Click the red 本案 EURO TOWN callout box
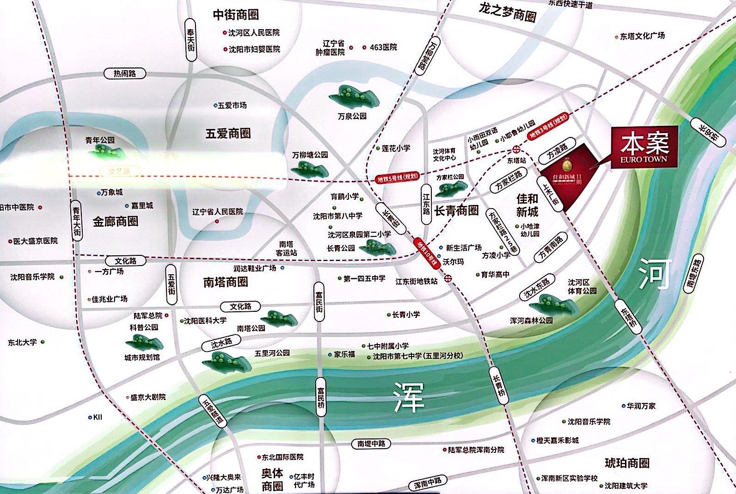coord(644,147)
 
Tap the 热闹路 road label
coord(125,74)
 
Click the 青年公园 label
coord(100,140)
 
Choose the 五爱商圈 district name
coord(228,134)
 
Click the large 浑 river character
coord(409,397)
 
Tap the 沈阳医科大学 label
coord(205,321)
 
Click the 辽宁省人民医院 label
coord(217,212)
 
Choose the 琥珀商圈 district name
coord(627,463)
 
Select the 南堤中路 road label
coord(371,444)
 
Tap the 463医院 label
coord(383,47)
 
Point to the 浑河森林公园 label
coord(531,320)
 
